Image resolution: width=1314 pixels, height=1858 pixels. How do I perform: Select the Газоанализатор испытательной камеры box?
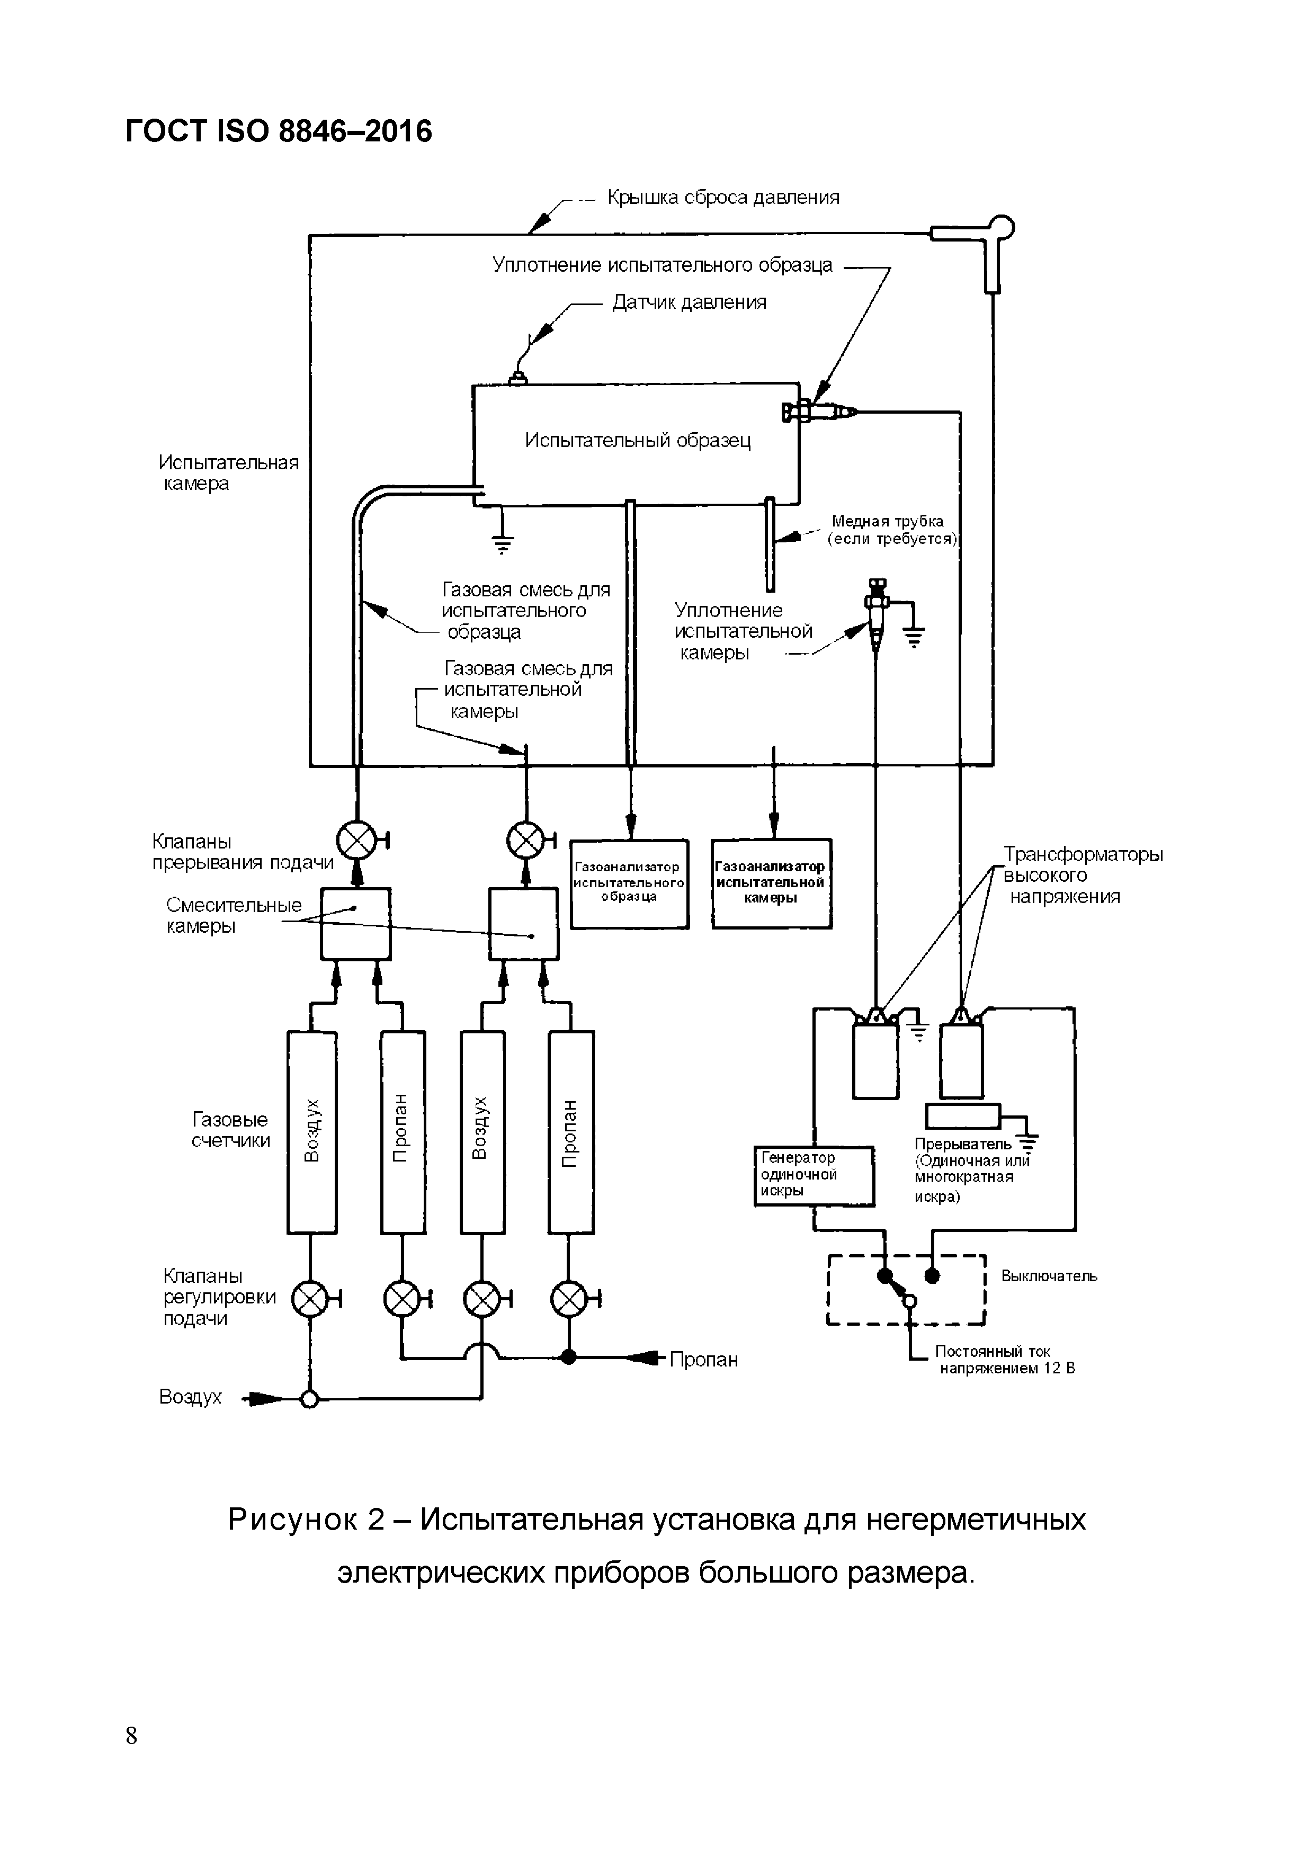(x=771, y=883)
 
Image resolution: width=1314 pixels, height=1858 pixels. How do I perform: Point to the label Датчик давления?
(x=689, y=302)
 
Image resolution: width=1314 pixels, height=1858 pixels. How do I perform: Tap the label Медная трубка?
(x=887, y=522)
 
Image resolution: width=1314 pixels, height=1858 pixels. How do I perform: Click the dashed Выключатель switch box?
(x=906, y=1291)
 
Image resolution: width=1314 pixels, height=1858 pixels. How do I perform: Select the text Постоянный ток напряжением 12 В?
(x=1006, y=1360)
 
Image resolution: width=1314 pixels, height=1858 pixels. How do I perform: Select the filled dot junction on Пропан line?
(x=569, y=1357)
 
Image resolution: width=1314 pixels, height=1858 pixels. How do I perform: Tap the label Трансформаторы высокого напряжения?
(x=1082, y=876)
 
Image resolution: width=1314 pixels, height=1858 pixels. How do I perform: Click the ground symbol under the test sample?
(x=503, y=542)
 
